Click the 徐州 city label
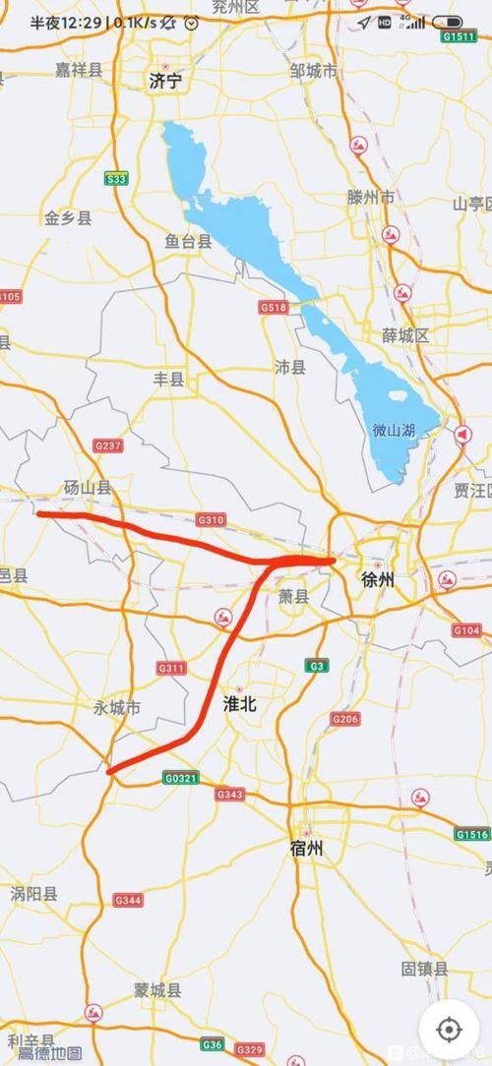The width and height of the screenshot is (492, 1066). [x=377, y=579]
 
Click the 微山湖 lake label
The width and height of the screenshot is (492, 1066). [x=393, y=430]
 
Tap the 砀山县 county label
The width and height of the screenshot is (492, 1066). [x=88, y=487]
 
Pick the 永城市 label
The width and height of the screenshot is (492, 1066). [x=117, y=707]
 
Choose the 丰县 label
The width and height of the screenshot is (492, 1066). [x=169, y=379]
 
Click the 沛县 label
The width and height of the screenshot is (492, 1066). [x=290, y=366]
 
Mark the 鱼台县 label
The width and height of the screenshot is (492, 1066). [x=188, y=241]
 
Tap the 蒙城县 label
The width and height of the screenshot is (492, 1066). [x=158, y=989]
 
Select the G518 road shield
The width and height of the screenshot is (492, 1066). [x=275, y=308]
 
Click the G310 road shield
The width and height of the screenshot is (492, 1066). [x=211, y=519]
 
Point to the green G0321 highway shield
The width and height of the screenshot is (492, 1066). [x=181, y=778]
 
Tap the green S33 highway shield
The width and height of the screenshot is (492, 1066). [x=117, y=178]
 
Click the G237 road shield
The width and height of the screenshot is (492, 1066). [x=108, y=445]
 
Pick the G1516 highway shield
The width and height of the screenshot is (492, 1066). [x=470, y=834]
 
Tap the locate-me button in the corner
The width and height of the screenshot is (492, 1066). [x=449, y=1029]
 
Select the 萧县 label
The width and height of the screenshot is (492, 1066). [x=293, y=595]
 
